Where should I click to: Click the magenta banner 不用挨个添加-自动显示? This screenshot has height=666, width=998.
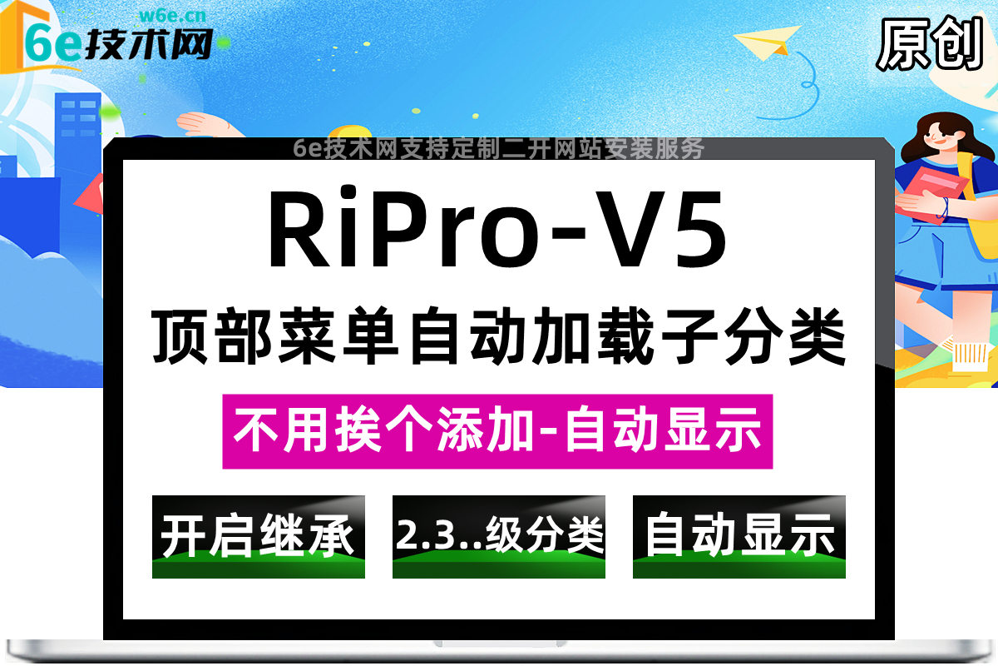pos(497,432)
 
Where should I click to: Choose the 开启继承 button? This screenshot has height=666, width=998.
pos(258,536)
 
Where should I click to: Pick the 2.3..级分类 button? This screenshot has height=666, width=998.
pos(499,536)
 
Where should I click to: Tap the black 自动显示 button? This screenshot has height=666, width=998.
pos(739,536)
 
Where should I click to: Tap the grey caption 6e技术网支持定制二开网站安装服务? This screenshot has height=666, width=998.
pos(499,148)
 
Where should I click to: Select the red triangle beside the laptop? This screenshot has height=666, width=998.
pos(89,193)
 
